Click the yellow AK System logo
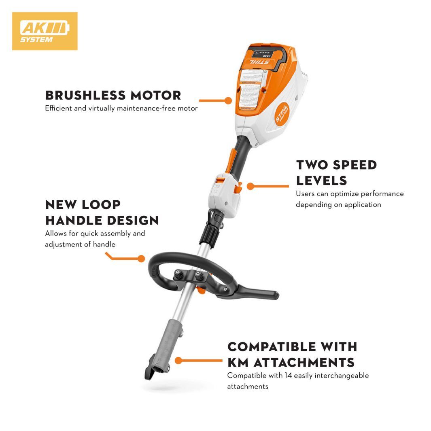coord(45,31)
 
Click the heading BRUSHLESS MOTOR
coord(113,96)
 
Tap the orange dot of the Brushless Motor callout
coord(228,100)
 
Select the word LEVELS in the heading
coord(321,180)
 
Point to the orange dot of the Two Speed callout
coord(251,186)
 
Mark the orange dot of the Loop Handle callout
coord(141,258)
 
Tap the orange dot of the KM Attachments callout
coord(178,360)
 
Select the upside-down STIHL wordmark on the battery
coord(259,63)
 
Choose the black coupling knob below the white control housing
coord(212,233)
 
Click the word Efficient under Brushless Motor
coord(58,108)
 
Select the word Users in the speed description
coord(305,194)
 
